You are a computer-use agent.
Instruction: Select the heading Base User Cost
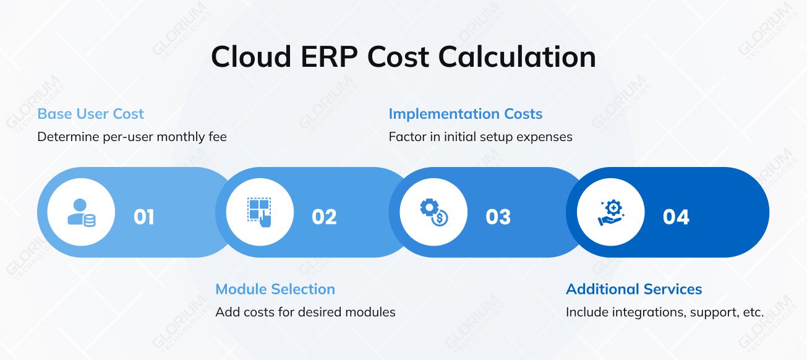click(90, 114)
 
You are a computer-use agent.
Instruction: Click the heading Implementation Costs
click(465, 114)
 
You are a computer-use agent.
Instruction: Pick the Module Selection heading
click(275, 289)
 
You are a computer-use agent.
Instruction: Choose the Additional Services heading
click(634, 289)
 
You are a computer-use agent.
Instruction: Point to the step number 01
click(144, 217)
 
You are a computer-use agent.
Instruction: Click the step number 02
click(324, 217)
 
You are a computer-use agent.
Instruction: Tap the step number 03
click(498, 217)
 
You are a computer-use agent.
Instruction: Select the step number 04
click(676, 217)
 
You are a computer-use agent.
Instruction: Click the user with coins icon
click(81, 213)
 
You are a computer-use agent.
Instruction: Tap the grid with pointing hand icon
click(260, 213)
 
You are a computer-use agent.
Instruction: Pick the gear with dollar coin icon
click(433, 213)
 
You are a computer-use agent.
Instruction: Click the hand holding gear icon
click(611, 213)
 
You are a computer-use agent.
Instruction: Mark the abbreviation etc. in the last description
click(752, 312)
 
